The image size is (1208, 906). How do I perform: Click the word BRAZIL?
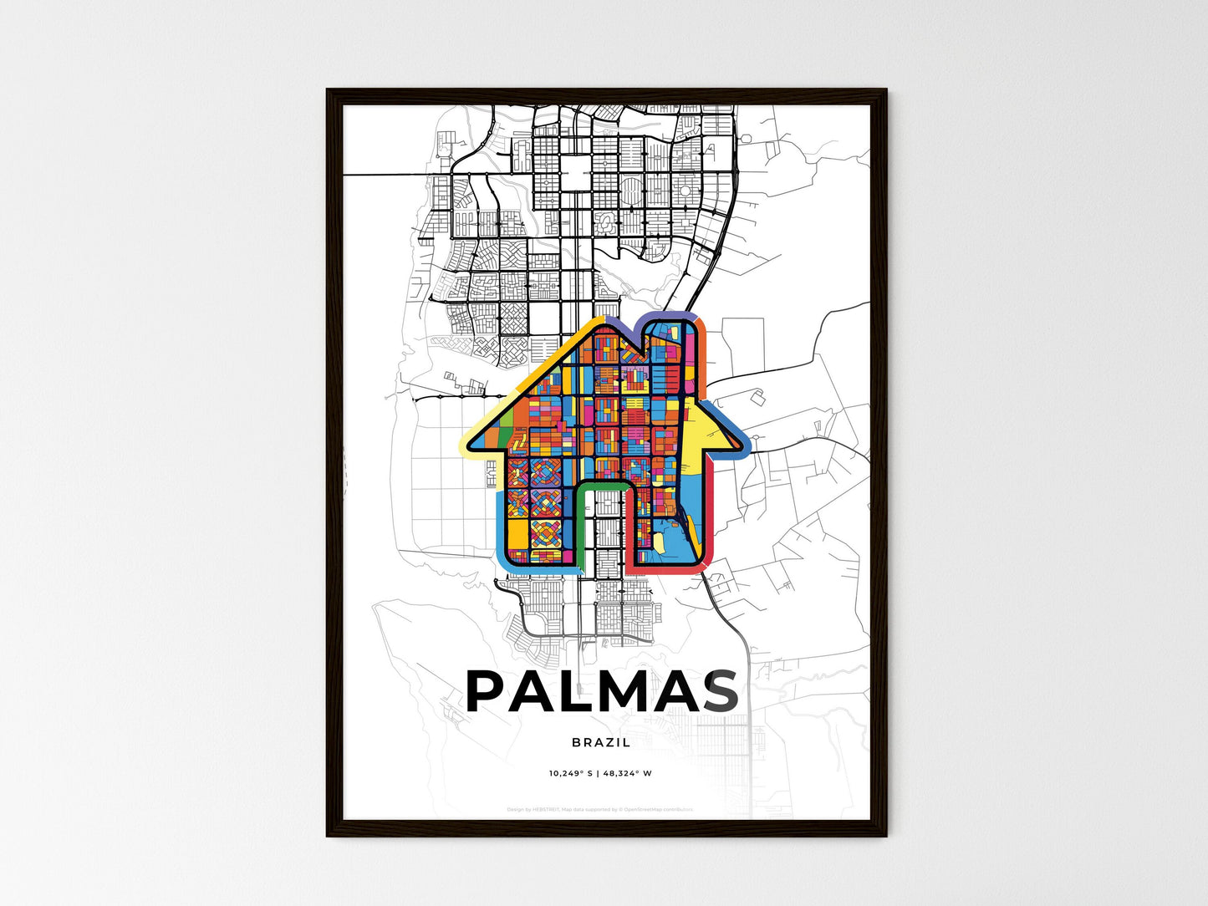coord(601,742)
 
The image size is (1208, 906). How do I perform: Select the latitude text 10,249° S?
coord(571,773)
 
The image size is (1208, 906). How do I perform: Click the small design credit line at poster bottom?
coord(600,809)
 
